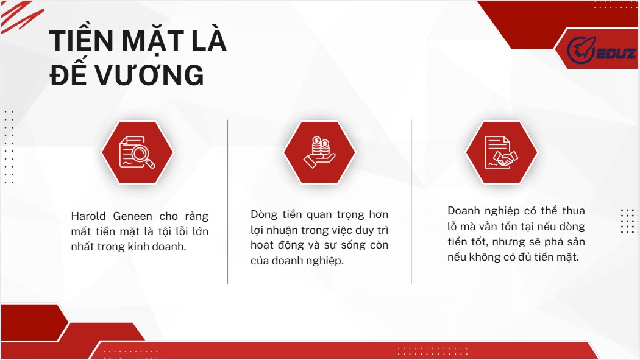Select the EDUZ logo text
click(616, 54)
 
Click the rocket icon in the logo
click(581, 50)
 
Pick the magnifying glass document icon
click(137, 152)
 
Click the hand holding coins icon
click(319, 152)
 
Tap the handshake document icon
click(501, 152)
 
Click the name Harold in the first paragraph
click(88, 216)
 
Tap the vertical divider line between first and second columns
click(228, 202)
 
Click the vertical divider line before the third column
click(411, 202)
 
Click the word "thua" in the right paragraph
click(574, 211)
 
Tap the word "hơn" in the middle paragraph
click(379, 215)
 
